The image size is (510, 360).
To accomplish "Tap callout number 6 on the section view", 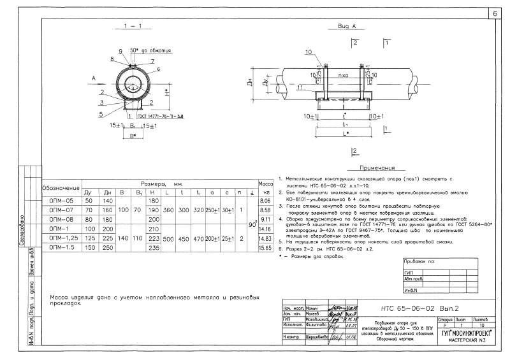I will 158,68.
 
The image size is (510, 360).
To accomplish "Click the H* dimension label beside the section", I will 168,92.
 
